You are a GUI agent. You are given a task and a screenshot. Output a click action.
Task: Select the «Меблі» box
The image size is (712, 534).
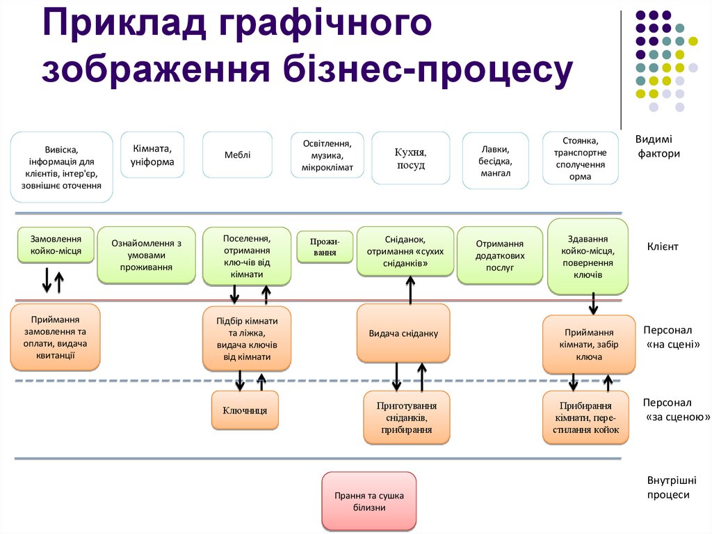click(x=237, y=155)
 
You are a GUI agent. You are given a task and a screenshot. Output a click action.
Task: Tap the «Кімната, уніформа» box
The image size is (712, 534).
click(x=153, y=155)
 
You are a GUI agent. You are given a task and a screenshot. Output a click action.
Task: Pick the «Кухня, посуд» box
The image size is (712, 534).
click(x=410, y=158)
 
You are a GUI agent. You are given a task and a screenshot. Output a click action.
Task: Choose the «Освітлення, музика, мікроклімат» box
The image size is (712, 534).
click(x=327, y=155)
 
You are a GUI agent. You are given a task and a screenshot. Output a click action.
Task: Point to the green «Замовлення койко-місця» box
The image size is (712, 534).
click(x=56, y=244)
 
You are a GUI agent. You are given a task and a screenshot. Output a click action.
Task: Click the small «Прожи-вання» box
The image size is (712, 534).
click(x=324, y=247)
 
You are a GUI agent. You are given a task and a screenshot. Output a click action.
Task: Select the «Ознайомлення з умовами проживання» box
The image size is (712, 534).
click(x=146, y=255)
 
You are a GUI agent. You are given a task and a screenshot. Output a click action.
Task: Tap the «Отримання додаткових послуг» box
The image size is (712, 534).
click(x=499, y=256)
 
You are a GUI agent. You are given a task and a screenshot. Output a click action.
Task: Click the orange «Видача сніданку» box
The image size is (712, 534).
click(x=403, y=333)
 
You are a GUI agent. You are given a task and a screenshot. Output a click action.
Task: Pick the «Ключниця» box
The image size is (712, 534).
click(x=245, y=410)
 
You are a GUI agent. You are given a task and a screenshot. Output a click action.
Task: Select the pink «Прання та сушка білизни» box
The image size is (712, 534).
click(x=369, y=501)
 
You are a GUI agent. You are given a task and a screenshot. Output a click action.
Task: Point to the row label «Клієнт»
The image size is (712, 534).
click(x=662, y=246)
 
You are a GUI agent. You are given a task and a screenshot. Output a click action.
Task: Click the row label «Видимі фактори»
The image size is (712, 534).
click(x=658, y=146)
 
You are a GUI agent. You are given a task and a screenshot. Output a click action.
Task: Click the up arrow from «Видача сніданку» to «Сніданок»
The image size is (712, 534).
click(x=411, y=290)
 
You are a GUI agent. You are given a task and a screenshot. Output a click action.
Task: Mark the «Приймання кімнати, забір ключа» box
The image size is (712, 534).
click(x=588, y=345)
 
